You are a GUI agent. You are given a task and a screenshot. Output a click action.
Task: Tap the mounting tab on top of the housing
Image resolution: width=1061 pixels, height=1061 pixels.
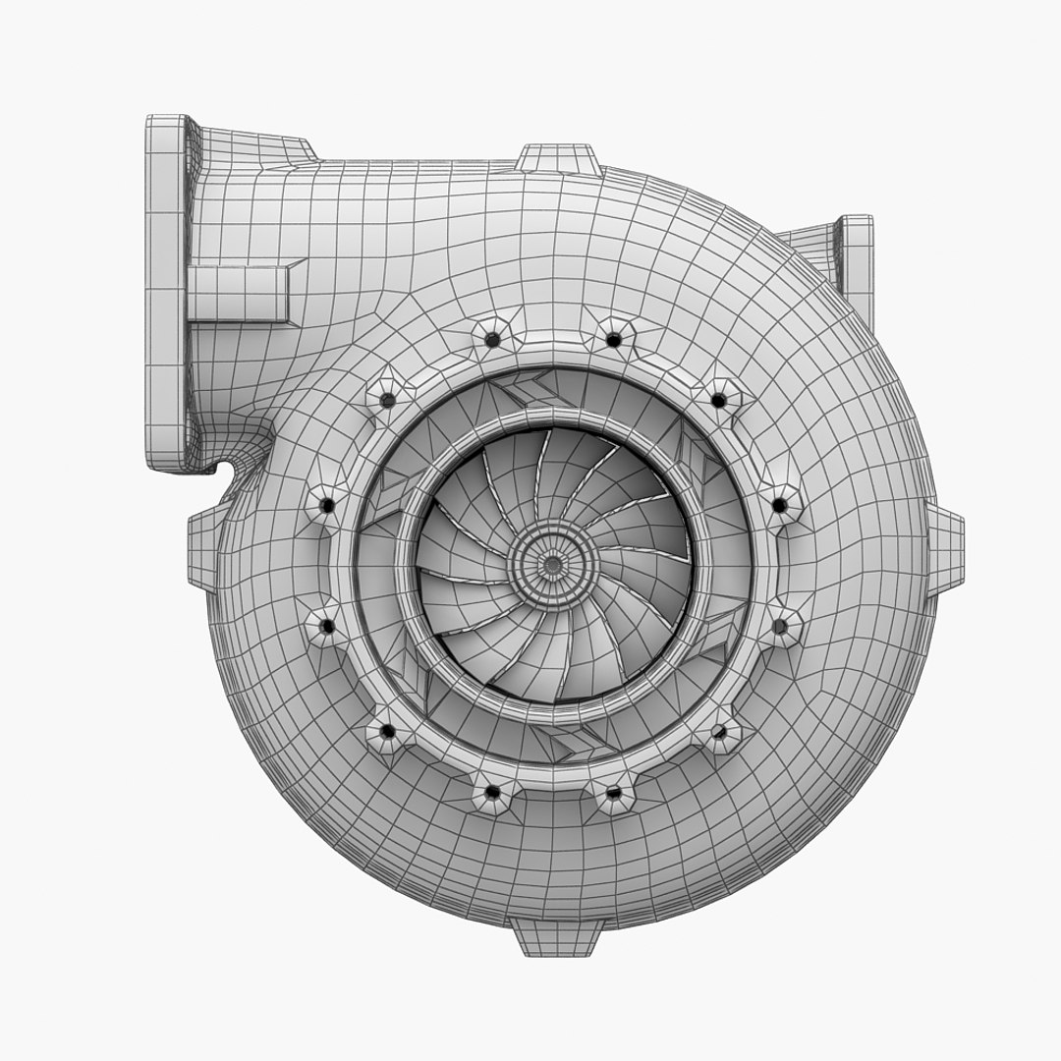[x=557, y=159]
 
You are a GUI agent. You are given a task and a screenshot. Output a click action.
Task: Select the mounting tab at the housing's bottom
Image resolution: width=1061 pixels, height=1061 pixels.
[x=556, y=938]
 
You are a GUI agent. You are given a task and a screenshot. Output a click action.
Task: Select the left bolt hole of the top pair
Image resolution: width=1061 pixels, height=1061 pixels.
[x=492, y=339]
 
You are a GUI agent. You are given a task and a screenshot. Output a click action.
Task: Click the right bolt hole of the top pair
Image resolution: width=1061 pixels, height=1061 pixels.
[x=613, y=339]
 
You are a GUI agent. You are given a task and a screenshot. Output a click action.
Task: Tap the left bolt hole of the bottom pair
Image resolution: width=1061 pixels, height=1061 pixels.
[x=492, y=791]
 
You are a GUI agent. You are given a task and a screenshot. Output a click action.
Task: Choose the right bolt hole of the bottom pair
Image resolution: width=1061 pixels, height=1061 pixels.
[x=613, y=791]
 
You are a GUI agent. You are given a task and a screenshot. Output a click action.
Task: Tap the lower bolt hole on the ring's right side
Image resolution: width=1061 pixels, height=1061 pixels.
[x=779, y=624]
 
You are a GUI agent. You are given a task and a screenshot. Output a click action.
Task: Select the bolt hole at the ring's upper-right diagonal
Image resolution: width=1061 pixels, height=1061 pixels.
[x=719, y=400]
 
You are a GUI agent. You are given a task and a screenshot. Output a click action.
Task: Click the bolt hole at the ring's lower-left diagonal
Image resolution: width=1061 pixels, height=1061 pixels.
[x=386, y=731]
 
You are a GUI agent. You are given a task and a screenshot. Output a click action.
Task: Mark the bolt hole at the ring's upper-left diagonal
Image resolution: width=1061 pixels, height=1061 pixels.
[x=386, y=400]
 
